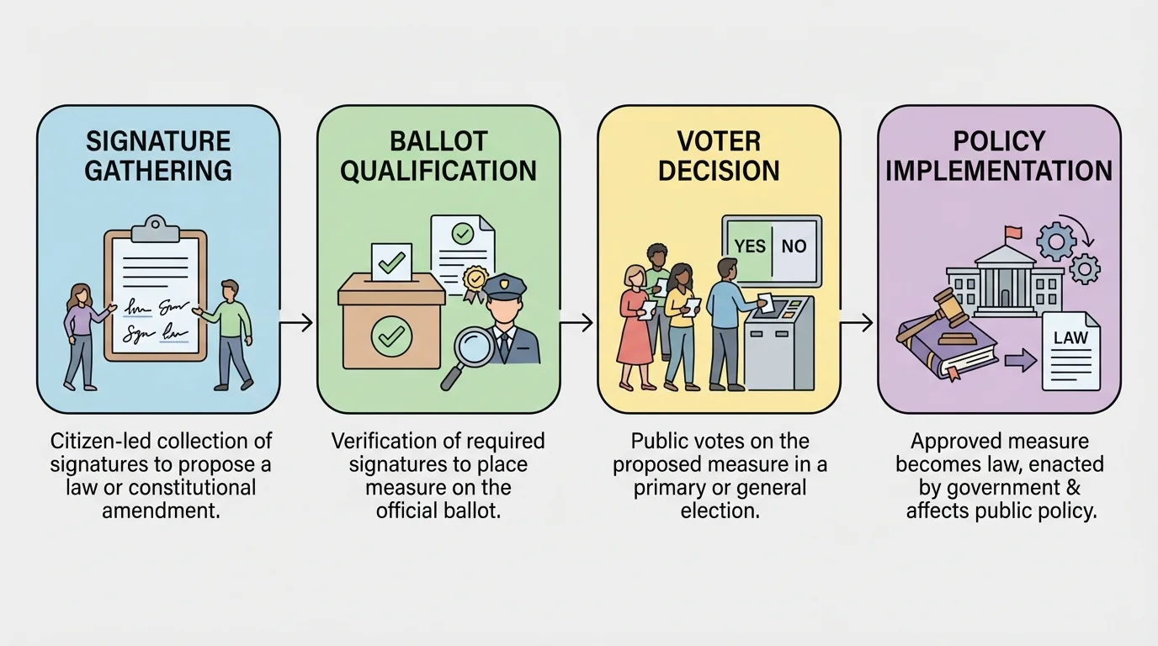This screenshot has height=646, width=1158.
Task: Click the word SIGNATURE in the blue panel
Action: click(x=158, y=140)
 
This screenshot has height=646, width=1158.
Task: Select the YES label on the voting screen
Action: click(x=750, y=246)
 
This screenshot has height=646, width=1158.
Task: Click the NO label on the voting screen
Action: click(x=794, y=246)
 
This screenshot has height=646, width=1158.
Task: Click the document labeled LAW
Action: click(x=1070, y=351)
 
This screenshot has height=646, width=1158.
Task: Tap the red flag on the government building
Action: click(x=1012, y=230)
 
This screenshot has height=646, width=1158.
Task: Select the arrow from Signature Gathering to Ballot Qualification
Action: click(x=298, y=322)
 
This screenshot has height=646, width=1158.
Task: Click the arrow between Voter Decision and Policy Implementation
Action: click(x=858, y=322)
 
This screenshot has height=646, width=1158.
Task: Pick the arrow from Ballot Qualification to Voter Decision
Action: click(x=578, y=322)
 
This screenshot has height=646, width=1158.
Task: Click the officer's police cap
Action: click(x=503, y=283)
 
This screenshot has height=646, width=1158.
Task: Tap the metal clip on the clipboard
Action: click(x=156, y=227)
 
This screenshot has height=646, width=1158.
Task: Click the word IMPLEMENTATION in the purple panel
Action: click(x=999, y=171)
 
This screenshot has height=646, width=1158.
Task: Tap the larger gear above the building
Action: click(x=1055, y=241)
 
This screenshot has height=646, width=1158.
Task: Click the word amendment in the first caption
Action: click(x=161, y=510)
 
